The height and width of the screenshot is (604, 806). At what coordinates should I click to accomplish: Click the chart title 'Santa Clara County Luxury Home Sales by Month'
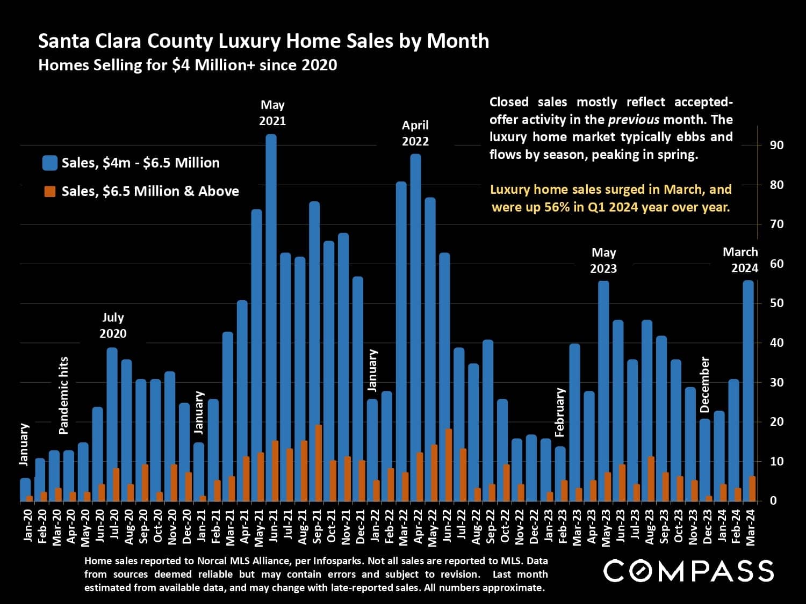pos(263,41)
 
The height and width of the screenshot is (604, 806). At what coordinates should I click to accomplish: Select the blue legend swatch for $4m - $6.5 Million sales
pos(50,163)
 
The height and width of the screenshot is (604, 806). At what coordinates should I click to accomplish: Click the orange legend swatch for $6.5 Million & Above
pos(50,192)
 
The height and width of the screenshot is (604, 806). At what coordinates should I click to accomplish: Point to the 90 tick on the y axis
pos(776,145)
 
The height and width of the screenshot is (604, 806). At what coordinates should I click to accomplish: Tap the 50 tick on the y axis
pos(776,303)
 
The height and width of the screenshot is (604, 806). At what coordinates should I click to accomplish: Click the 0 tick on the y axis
pos(773,500)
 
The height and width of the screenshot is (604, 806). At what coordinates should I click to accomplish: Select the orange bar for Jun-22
pos(449,465)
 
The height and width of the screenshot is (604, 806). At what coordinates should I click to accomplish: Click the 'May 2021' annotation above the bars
pos(272,113)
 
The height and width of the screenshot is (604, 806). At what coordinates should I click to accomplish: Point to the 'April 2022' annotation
pos(415,133)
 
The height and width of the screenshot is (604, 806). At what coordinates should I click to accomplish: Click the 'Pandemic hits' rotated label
pos(63,395)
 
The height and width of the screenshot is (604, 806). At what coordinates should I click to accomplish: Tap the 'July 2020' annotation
pos(113,325)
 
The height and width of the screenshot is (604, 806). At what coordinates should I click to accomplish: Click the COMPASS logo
pos(688,571)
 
